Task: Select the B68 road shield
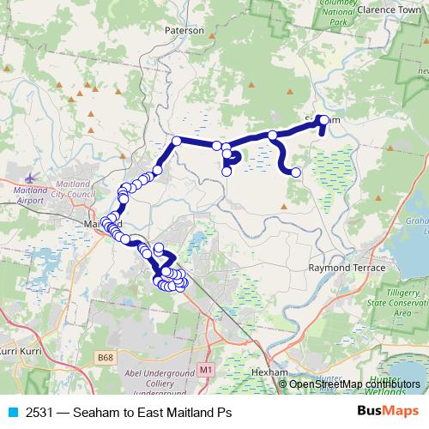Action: [106, 356]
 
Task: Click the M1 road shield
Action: [205, 369]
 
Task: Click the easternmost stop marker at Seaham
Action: [323, 118]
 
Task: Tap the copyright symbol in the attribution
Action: [284, 384]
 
